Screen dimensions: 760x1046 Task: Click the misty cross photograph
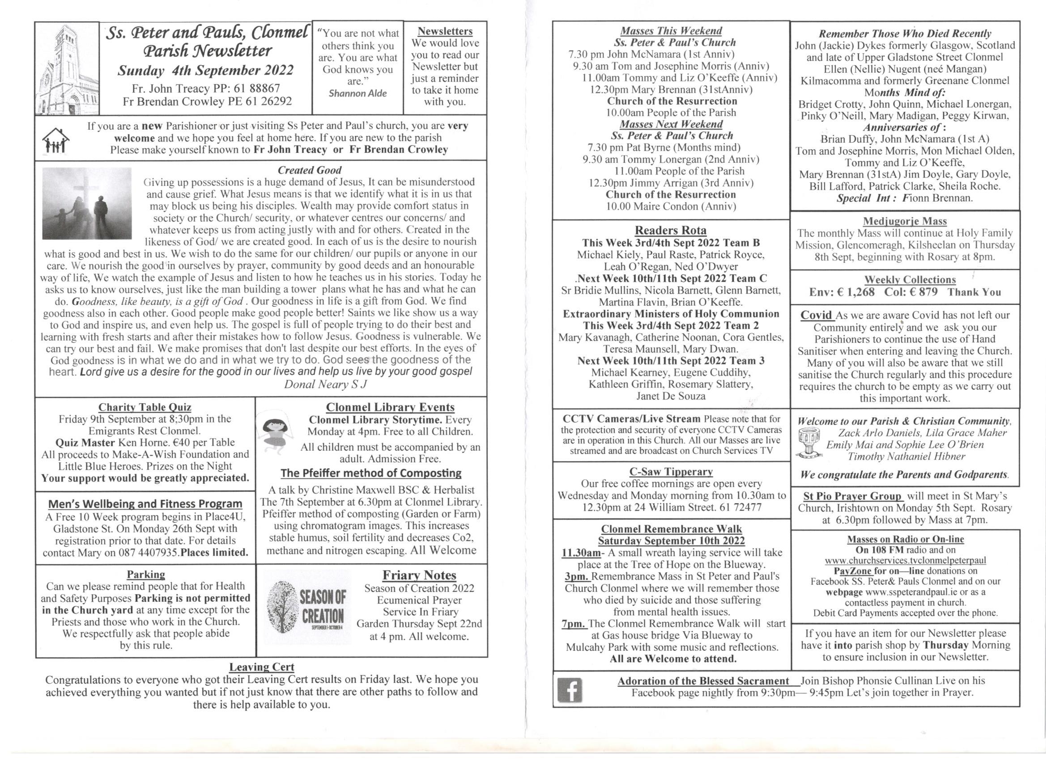[x=87, y=203]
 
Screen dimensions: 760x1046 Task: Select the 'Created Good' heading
[x=310, y=170]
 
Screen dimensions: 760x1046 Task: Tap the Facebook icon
[x=570, y=690]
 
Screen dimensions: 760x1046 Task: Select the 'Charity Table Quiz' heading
[x=145, y=407]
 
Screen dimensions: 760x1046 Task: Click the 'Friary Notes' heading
[x=419, y=575]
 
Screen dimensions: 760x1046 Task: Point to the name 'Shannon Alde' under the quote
[x=358, y=93]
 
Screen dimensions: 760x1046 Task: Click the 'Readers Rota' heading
[x=671, y=230]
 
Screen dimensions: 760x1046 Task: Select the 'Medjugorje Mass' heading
[x=905, y=221]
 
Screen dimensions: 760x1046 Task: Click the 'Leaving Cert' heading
[x=261, y=667]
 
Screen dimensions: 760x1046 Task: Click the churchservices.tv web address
[x=906, y=561]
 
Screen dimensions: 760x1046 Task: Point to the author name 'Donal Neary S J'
[x=326, y=384]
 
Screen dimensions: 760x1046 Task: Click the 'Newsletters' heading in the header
[x=445, y=31]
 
